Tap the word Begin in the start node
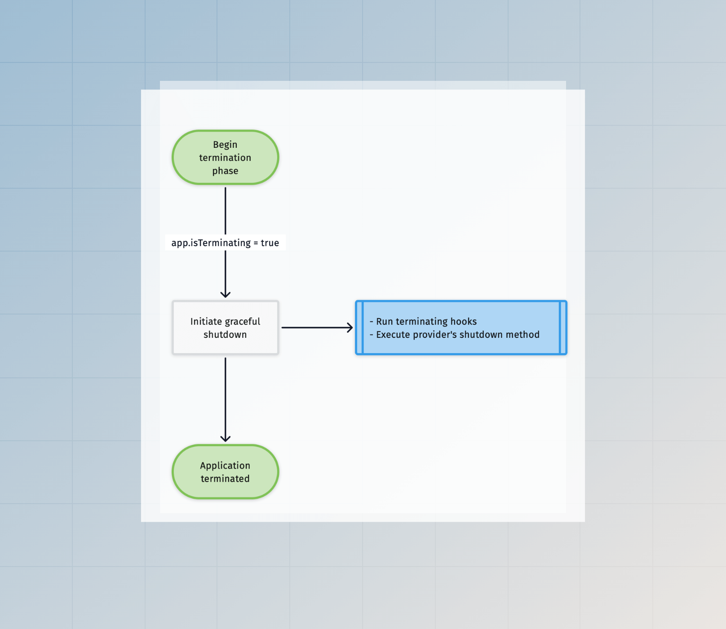(x=225, y=145)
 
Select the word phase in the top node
(x=225, y=171)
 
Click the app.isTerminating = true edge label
(x=225, y=243)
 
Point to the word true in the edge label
(x=270, y=243)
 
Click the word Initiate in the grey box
(x=206, y=322)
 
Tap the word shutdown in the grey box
(x=225, y=335)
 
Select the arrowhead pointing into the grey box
(x=225, y=294)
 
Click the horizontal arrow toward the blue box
(x=314, y=328)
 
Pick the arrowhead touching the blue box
(x=350, y=328)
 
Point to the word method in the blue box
(x=522, y=335)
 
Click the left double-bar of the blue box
(x=359, y=328)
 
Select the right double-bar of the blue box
(x=563, y=328)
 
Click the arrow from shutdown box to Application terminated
(x=225, y=395)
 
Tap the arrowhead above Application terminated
(x=225, y=439)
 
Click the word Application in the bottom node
(x=225, y=466)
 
